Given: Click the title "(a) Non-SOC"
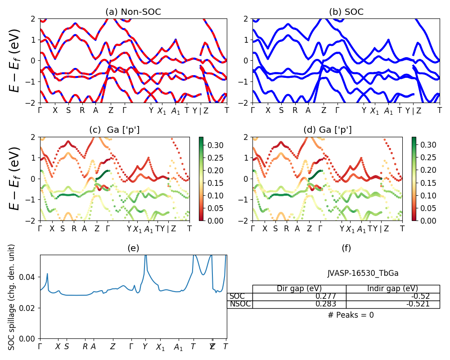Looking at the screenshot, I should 133,12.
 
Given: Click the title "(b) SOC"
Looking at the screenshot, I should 346,12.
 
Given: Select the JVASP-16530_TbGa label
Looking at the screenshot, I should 363,273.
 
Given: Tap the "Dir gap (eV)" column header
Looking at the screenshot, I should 299,288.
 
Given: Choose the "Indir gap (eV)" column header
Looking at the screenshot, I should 393,288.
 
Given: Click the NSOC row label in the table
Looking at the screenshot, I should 239,304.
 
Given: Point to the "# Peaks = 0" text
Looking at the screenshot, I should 351,315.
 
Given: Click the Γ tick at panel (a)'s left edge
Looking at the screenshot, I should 40,110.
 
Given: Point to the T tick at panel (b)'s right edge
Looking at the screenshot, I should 440,110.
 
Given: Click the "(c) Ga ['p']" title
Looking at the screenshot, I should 114,130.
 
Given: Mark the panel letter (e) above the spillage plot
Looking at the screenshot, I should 133,248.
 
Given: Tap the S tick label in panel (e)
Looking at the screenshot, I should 67,346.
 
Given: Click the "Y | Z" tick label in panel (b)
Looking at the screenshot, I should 413,111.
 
